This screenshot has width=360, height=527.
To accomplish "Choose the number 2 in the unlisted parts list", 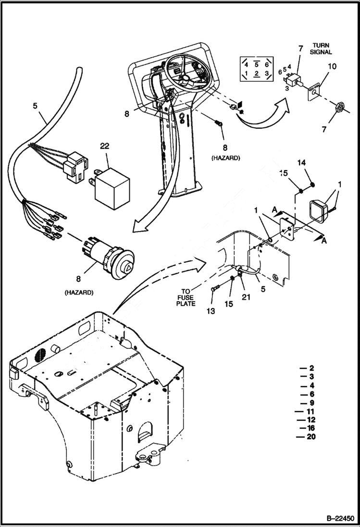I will [311, 368].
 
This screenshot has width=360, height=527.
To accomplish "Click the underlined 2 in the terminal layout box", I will [257, 74].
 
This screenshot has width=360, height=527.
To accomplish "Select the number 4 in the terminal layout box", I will [246, 64].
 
